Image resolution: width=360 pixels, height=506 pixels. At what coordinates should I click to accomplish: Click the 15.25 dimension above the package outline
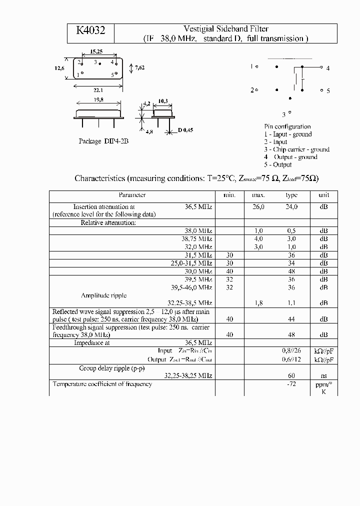96,51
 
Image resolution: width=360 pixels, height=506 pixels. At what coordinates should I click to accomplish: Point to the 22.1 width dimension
98,90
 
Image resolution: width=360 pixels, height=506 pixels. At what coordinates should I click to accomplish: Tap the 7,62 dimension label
140,67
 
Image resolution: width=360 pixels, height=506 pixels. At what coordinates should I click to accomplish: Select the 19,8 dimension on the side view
98,100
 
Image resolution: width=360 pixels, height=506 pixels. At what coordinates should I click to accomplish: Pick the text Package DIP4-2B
103,141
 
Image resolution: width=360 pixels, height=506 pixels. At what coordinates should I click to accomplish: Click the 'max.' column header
258,195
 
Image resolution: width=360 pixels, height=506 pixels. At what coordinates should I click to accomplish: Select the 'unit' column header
323,195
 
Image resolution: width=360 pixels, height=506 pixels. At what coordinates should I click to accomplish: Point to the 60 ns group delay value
291,375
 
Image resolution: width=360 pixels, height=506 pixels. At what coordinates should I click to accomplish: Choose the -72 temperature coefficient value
291,384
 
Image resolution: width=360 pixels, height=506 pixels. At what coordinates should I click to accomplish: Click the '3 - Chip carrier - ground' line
296,149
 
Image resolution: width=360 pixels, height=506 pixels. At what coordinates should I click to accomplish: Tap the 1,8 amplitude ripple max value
258,303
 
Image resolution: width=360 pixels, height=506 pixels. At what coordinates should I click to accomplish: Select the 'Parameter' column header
132,195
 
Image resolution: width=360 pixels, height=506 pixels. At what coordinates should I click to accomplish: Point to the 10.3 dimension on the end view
162,101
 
